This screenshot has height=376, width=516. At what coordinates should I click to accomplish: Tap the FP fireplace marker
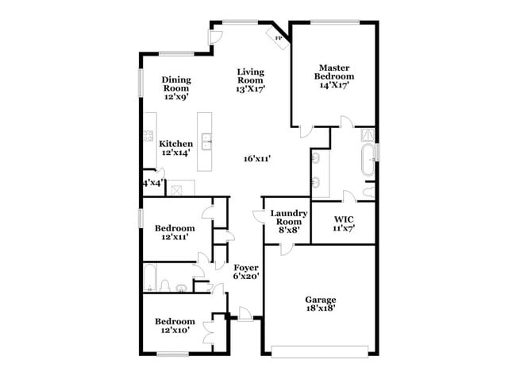point(279,37)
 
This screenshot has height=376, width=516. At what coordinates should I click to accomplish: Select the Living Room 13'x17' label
point(250,80)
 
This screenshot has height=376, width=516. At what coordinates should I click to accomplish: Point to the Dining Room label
point(175,87)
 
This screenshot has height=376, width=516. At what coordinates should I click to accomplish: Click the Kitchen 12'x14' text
point(175,148)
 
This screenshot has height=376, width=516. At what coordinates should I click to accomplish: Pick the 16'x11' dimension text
point(258,159)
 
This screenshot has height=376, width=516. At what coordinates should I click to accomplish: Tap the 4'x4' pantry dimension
point(152,183)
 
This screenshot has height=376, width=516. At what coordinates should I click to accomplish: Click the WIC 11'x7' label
point(343,222)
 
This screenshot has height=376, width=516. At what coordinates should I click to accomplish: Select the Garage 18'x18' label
point(320,304)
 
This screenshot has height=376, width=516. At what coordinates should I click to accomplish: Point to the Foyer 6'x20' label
point(245,272)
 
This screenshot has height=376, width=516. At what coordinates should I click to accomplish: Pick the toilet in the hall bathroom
point(164,285)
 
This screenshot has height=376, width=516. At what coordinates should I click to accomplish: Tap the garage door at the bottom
point(320,348)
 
